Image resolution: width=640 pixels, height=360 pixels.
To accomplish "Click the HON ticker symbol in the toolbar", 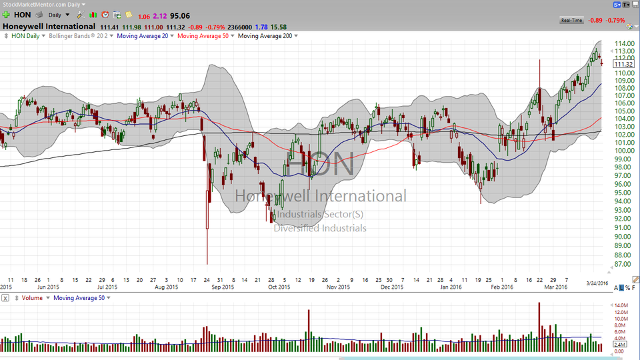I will click(22, 14).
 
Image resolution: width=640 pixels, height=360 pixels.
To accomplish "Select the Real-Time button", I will click(572, 21).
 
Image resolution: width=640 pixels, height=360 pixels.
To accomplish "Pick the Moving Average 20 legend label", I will click(143, 36).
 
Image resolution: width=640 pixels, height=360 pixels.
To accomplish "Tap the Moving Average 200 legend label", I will click(265, 36).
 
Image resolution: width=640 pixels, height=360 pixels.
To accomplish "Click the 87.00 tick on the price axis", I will click(623, 264).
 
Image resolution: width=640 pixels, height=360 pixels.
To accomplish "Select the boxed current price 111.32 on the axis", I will click(623, 65).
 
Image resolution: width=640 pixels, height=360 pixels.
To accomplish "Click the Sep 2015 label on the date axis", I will click(223, 287).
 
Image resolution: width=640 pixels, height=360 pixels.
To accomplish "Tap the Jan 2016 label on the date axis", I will click(451, 287).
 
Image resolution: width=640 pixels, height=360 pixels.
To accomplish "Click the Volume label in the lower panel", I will click(32, 297).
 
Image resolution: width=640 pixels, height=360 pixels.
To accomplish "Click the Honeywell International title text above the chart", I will click(49, 27).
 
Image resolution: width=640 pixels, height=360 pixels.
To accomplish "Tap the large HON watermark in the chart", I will click(320, 163).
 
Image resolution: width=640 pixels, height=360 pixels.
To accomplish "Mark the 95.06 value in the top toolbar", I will click(179, 14).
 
